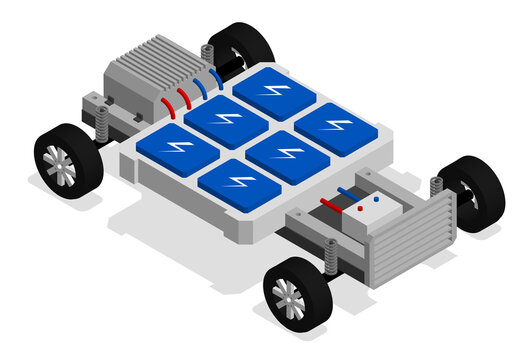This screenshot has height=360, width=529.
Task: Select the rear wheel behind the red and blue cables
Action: tap(240, 45)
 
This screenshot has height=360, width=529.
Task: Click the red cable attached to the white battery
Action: tap(330, 203)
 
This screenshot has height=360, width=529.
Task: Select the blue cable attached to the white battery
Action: tap(347, 189)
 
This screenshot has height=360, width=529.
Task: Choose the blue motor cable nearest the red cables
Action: tap(199, 87)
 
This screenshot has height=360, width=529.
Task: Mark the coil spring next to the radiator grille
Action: tap(437, 187)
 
